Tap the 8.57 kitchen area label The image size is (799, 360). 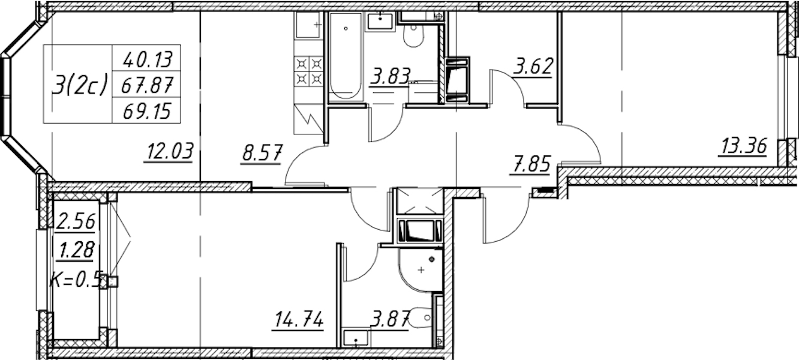tap(262, 154)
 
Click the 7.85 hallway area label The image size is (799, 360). tap(530, 164)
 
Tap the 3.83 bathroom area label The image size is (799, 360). tap(389, 76)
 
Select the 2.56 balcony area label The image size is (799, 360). tap(76, 221)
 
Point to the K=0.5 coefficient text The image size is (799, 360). tap(77, 279)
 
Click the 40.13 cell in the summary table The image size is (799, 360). tap(148, 59)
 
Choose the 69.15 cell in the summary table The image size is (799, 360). tap(146, 112)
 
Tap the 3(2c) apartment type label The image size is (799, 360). tap(79, 86)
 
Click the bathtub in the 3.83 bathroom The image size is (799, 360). tap(346, 56)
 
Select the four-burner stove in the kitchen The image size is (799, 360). tap(309, 71)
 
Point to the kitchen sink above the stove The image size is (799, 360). tap(308, 24)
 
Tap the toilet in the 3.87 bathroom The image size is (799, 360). tap(421, 317)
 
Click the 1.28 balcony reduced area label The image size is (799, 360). tap(76, 250)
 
